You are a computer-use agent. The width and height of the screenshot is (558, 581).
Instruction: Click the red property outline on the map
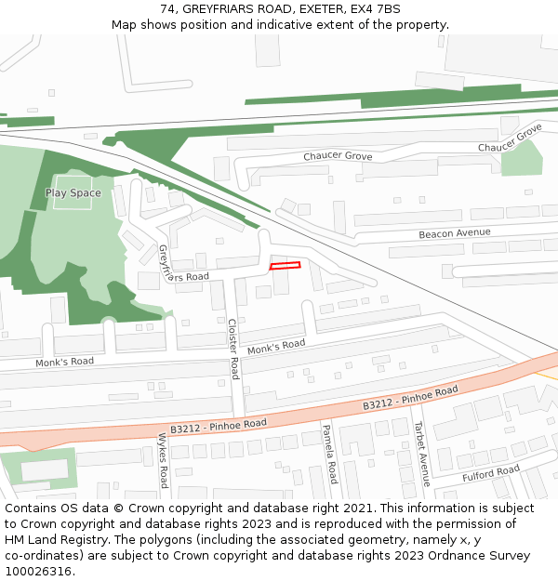click(286, 267)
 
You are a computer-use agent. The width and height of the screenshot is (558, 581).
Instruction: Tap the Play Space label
click(73, 193)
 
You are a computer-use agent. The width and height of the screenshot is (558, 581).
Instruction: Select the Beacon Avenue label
click(454, 233)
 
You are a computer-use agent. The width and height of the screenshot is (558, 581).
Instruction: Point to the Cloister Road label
click(233, 349)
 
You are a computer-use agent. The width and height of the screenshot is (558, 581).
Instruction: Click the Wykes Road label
click(163, 460)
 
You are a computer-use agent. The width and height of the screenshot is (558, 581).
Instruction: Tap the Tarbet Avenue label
click(421, 451)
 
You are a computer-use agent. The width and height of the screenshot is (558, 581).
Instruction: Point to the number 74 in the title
click(167, 8)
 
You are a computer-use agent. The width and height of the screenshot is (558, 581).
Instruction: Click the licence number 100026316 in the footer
click(39, 571)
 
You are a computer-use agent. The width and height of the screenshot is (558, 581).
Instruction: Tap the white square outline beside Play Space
click(73, 191)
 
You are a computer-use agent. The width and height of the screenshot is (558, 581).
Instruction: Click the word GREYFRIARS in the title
click(218, 8)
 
